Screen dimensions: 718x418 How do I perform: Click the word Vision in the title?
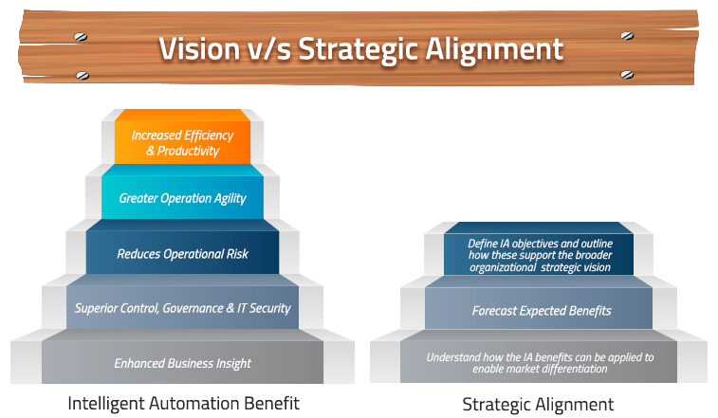click(x=199, y=48)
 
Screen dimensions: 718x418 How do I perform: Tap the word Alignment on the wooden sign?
click(x=494, y=49)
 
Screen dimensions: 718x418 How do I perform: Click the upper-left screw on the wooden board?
click(x=81, y=37)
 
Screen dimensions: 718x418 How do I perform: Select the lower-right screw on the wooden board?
click(x=627, y=75)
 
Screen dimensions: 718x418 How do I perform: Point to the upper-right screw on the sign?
click(x=627, y=36)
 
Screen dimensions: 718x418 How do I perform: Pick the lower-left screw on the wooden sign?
click(x=83, y=75)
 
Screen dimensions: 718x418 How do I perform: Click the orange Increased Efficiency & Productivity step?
click(x=182, y=136)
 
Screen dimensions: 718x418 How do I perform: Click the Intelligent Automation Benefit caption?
click(x=183, y=404)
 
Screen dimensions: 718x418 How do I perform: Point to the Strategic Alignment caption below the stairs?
click(x=538, y=405)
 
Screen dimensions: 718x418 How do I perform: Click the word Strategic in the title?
click(x=359, y=49)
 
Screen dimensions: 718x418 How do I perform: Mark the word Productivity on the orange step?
click(x=188, y=151)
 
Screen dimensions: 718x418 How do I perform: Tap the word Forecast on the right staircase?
click(x=494, y=311)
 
